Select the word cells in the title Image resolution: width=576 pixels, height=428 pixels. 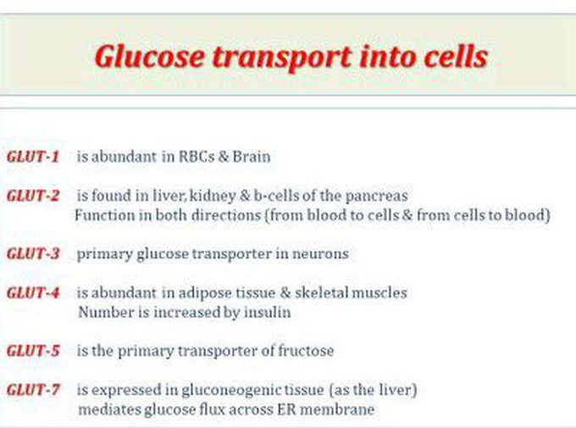point(456,56)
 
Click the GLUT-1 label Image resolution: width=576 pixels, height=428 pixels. point(33,157)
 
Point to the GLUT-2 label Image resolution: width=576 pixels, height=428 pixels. point(33,196)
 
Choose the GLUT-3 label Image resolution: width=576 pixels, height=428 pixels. point(33,253)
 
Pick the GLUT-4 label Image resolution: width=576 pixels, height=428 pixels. point(33,292)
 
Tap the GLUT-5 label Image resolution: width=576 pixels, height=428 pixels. point(33,351)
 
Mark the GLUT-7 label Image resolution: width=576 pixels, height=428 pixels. point(33,390)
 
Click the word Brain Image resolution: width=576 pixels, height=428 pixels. point(252,157)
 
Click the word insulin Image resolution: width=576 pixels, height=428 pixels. point(268,312)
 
